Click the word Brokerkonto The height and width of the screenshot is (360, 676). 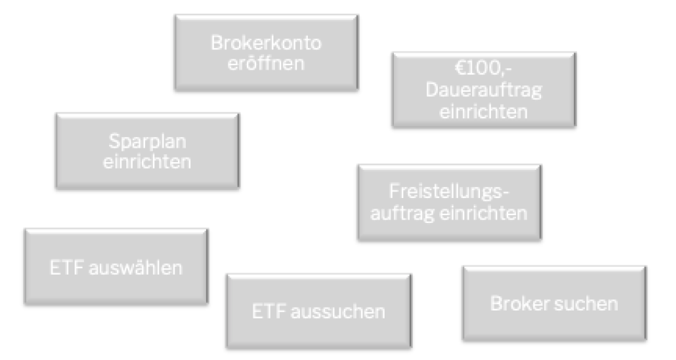click(x=266, y=42)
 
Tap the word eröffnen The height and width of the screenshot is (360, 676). click(x=266, y=63)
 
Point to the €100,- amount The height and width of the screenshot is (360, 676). click(x=483, y=68)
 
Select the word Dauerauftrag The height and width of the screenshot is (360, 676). click(x=483, y=90)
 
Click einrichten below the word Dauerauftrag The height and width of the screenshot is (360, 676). click(x=483, y=112)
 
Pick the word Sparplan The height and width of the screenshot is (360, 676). click(x=147, y=142)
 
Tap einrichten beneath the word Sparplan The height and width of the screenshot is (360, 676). click(x=147, y=161)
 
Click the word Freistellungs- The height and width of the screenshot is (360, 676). click(x=449, y=191)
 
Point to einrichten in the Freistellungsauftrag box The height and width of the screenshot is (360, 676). click(x=483, y=213)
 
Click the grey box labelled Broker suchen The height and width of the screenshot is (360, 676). click(x=555, y=303)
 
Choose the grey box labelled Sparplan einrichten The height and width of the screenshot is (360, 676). click(x=147, y=151)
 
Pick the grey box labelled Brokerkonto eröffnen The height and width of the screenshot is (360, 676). click(x=266, y=53)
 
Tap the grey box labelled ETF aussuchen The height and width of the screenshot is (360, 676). click(x=319, y=311)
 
